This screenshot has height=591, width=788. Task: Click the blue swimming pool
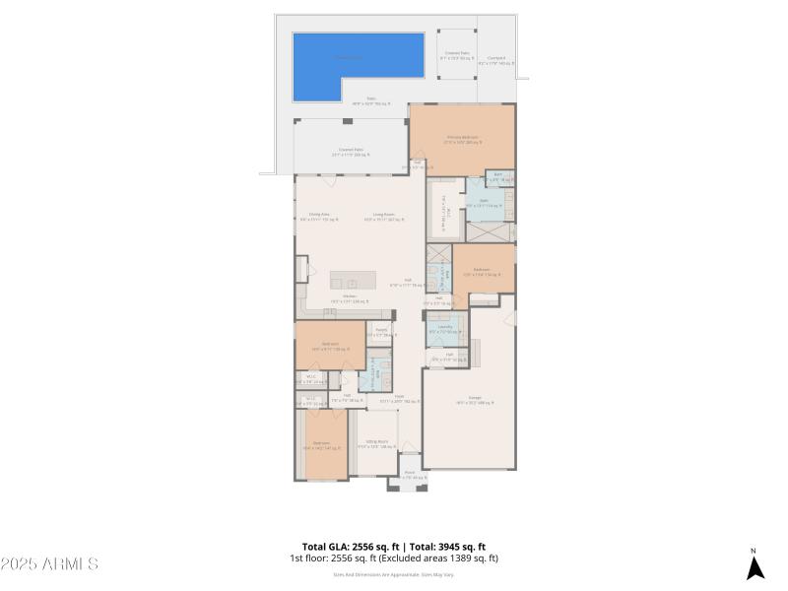(359, 65)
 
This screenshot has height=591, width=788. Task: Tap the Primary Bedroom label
(462, 138)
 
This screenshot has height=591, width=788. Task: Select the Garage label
(468, 399)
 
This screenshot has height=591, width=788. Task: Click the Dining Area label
(319, 216)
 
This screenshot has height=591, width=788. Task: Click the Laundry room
(439, 329)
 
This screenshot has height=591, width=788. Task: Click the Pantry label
(380, 331)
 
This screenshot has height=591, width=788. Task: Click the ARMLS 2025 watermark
(49, 564)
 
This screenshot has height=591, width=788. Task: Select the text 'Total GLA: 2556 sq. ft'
(352, 547)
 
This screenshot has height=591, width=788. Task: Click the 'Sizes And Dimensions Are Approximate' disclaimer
(393, 574)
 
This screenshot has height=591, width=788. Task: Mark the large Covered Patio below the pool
(351, 151)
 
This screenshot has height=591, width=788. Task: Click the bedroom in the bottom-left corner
(321, 445)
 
